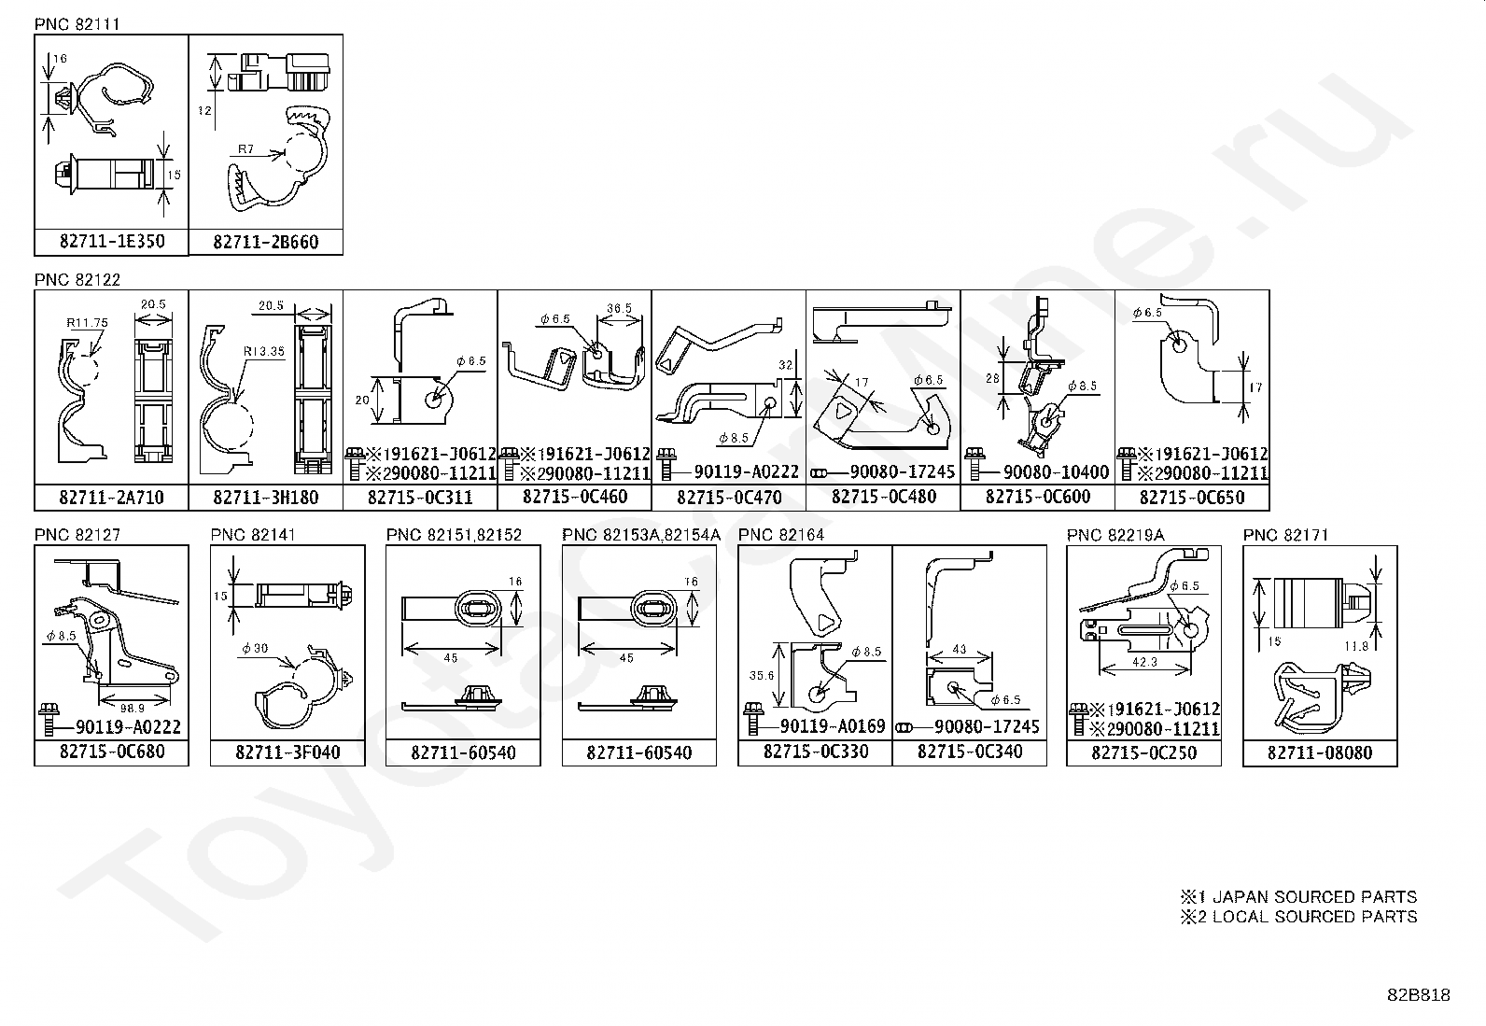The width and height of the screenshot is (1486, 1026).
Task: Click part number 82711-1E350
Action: [111, 242]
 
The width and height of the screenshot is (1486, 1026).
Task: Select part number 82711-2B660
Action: [265, 242]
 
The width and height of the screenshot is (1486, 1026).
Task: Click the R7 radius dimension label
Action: [245, 148]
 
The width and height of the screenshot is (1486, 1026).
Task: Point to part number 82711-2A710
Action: [111, 498]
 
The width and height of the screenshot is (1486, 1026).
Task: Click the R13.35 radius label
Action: [262, 352]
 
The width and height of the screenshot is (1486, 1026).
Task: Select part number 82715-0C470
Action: [728, 498]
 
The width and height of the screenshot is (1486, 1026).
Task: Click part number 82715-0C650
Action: [1192, 498]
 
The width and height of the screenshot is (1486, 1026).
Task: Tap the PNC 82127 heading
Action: [77, 535]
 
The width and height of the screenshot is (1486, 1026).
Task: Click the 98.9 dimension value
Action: [133, 709]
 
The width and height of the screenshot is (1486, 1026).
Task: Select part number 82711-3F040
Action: [287, 752]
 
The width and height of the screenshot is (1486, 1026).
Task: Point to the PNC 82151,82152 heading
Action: [454, 535]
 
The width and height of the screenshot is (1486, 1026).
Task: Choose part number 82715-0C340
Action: [969, 752]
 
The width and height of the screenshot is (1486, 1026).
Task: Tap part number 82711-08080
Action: [1320, 752]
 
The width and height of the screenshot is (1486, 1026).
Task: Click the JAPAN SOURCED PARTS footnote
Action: [1298, 896]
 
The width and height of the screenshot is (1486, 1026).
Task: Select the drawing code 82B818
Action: [1418, 995]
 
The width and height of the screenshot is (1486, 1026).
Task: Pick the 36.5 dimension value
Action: [619, 308]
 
